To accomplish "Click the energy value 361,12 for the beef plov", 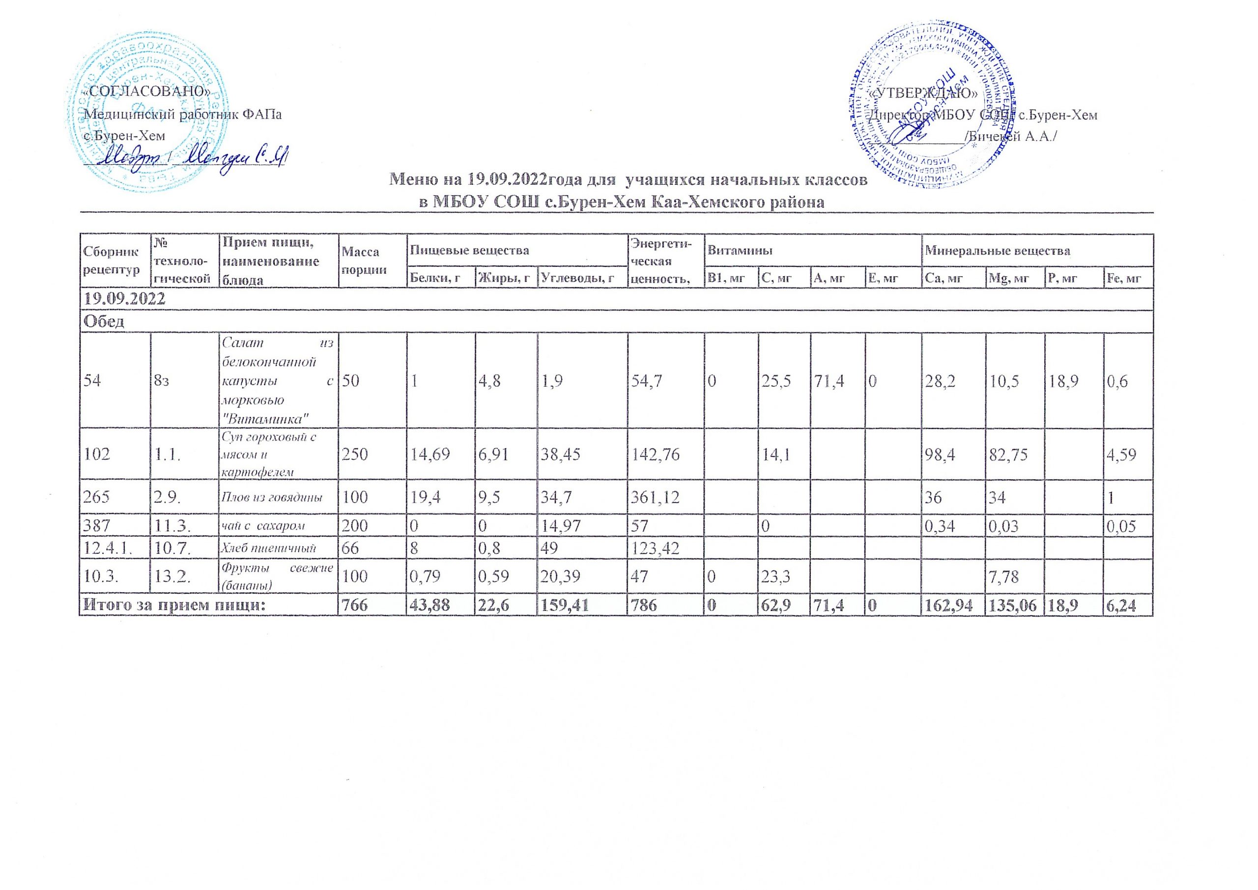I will pos(656,498).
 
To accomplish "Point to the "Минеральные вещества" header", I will pos(998,252).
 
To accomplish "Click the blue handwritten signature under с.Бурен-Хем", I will pos(186,156).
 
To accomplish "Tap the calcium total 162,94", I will pos(953,604).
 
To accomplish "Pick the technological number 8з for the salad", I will pos(162,381).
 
